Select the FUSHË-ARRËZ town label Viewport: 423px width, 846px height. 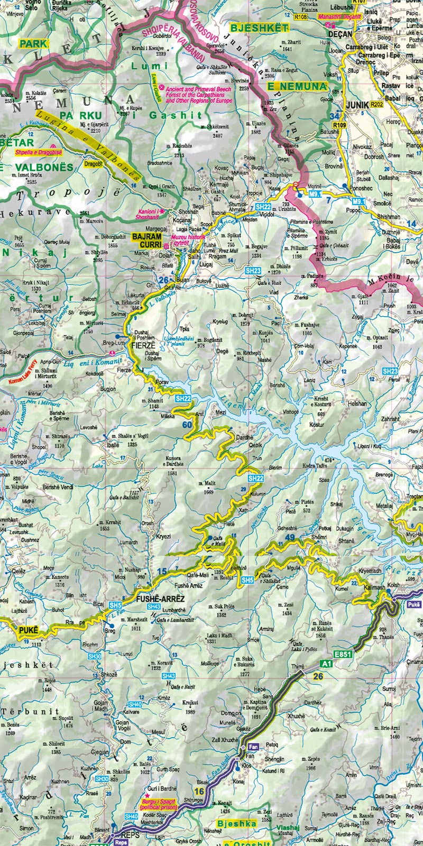point(160,599)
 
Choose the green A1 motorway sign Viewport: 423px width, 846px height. point(327,663)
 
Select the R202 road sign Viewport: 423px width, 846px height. point(376,105)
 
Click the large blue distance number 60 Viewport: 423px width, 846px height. point(187,425)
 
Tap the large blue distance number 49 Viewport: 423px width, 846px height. point(289,538)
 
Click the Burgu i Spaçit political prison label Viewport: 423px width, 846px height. point(157,805)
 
